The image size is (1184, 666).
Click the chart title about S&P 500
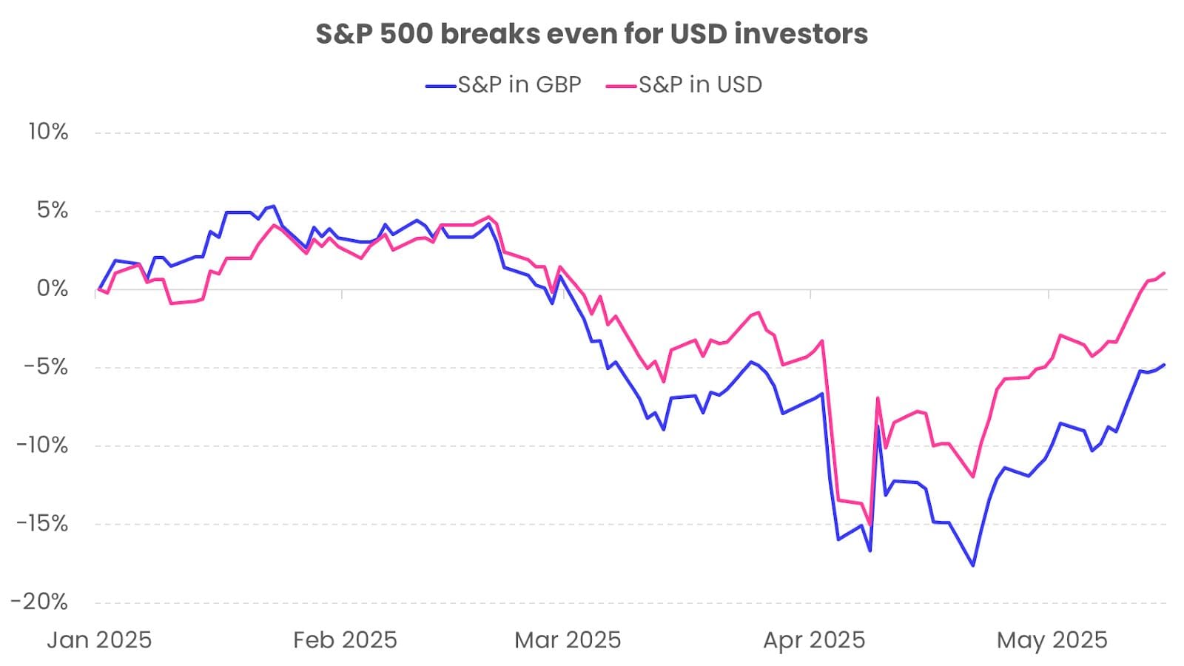coord(591,34)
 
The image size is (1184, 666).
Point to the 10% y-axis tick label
coord(48,132)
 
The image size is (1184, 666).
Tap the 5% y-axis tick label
coord(53,211)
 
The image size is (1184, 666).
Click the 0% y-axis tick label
coord(53,289)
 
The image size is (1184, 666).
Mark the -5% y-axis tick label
coord(48,367)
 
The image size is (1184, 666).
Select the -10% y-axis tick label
coord(44,445)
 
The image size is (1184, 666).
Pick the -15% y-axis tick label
coord(44,524)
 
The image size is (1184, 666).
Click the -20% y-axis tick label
coord(41,602)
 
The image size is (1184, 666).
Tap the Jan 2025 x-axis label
coord(99,640)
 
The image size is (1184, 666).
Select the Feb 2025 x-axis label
coord(345,640)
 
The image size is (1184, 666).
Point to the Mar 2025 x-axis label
coord(568,640)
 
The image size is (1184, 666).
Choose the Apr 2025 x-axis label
coord(814,640)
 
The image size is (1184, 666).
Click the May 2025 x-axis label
coord(1052,640)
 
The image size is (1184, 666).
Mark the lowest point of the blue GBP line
coord(973,566)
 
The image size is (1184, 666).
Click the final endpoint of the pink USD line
coord(1165,273)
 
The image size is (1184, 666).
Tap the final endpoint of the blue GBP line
coord(1165,365)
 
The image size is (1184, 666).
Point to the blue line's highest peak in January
coord(274,206)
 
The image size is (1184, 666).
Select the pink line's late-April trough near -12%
coord(973,477)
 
